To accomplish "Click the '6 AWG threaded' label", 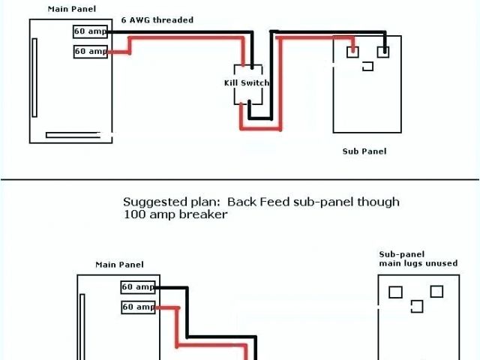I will (x=157, y=20).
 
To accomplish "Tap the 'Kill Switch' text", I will (x=247, y=82).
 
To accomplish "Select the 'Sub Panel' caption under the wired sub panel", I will (x=364, y=151).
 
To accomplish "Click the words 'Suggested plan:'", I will (x=172, y=202).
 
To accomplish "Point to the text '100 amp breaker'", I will (x=175, y=214).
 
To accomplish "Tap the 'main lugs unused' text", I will (x=418, y=263).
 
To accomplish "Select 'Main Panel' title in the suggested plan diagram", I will (x=119, y=265).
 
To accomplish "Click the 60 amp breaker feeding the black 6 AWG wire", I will (x=90, y=31).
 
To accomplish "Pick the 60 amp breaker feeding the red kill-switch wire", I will (x=90, y=51).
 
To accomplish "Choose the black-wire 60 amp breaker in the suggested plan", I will (x=138, y=287).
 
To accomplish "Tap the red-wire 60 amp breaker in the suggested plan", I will (x=138, y=307).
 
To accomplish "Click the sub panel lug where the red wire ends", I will (x=351, y=52).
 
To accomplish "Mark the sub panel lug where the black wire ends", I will (x=383, y=52).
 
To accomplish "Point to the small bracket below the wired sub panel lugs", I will (x=367, y=67).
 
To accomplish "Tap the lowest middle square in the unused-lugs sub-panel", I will (x=417, y=307).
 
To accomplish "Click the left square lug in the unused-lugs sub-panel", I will (x=396, y=292).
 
